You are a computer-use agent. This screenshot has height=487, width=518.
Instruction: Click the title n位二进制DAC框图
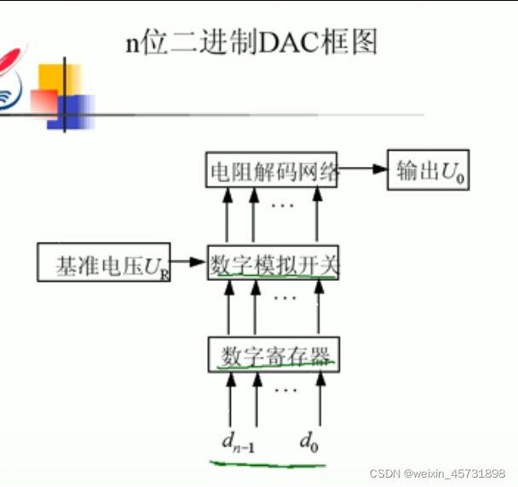(252, 41)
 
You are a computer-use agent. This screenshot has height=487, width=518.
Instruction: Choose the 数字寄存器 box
(273, 354)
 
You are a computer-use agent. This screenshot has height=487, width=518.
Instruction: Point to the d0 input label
(309, 441)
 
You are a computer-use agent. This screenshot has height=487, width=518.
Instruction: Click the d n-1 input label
(233, 442)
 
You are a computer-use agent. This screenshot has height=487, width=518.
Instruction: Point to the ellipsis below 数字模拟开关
(285, 299)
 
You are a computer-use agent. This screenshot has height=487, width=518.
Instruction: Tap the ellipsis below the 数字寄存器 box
(285, 389)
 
